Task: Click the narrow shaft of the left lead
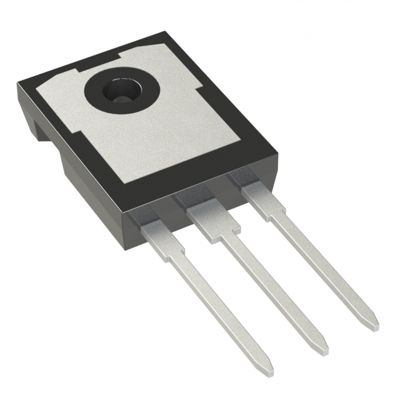[x=219, y=306]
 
